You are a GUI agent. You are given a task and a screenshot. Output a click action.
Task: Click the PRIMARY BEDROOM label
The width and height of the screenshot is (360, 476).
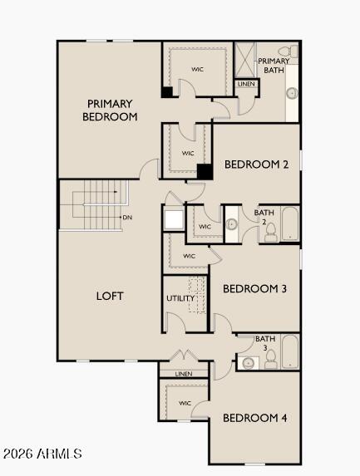coord(110,110)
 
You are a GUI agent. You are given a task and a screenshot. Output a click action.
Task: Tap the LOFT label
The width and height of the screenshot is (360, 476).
coord(110,296)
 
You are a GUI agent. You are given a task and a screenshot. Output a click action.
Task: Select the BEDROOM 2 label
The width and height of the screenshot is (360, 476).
coord(256,164)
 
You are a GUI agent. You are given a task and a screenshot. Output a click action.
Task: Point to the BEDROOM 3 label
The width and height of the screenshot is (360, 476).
coord(255,289)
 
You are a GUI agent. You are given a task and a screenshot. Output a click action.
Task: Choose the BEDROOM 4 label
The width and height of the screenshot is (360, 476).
coord(255,418)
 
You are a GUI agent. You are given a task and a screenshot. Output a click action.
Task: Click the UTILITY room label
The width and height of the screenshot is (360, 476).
coord(180,298)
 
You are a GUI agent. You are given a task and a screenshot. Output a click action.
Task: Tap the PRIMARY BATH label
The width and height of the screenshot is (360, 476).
coord(274,66)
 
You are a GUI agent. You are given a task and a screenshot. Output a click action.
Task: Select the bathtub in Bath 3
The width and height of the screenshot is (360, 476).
coord(289,352)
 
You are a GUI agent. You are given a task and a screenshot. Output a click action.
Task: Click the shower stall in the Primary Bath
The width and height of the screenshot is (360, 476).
coord(245,60)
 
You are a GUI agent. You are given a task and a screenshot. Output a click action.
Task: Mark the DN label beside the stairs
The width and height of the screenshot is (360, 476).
coord(127,218)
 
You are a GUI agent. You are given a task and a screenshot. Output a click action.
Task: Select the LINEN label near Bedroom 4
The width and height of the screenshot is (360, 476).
coord(184,374)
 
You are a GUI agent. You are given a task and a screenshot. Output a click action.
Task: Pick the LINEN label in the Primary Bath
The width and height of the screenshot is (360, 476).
coord(246,84)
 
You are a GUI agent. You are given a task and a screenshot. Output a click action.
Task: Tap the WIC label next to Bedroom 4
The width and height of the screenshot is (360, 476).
coord(185,404)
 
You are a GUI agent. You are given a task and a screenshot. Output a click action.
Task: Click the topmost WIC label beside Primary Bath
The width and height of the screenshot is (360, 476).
coord(198,69)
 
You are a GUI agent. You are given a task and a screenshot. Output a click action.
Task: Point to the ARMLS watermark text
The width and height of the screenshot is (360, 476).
coord(42,454)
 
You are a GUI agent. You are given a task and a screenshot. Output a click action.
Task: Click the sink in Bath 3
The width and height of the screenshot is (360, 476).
coord(247,363)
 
